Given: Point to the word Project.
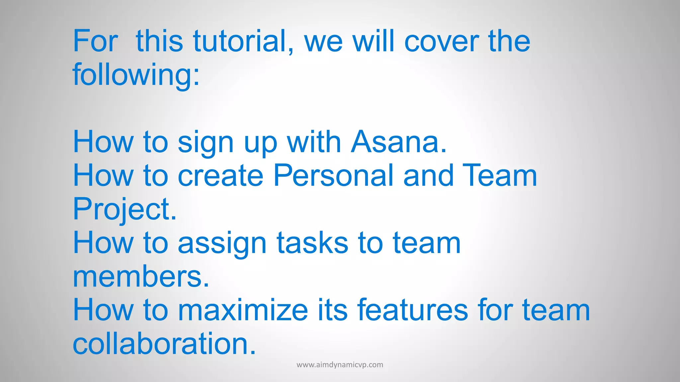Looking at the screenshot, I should point(125,209).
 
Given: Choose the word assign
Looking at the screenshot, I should point(222,243).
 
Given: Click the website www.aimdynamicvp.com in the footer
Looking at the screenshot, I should point(340,365).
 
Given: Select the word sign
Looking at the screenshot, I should point(206,143).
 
